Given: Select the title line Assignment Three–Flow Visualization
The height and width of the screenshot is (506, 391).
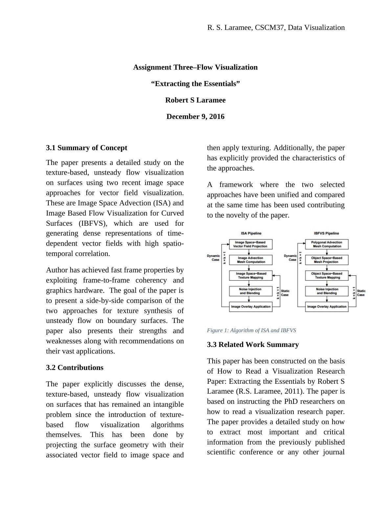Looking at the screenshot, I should [195, 67].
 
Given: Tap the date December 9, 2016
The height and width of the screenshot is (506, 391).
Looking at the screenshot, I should [195, 117].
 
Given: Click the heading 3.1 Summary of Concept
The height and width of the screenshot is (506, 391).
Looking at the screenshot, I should [86, 148].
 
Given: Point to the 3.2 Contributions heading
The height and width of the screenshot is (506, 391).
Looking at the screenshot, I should [75, 368].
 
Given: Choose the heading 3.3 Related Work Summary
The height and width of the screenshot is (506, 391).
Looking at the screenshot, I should [253, 345].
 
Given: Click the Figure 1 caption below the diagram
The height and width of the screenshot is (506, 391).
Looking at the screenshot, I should [251, 330].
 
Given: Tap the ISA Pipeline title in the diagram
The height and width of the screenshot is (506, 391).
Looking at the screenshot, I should [251, 233].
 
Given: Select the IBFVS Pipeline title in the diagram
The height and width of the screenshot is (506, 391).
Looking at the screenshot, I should [326, 233].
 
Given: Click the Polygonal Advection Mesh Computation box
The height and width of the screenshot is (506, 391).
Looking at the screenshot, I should [327, 244].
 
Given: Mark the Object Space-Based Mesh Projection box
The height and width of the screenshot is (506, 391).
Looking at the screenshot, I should [327, 260].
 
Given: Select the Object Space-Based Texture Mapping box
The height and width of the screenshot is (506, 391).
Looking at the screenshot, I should [327, 275].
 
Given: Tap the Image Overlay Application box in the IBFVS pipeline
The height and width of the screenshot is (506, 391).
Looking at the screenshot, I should [327, 307].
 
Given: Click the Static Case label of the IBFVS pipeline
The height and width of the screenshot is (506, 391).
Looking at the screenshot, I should [361, 293].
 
